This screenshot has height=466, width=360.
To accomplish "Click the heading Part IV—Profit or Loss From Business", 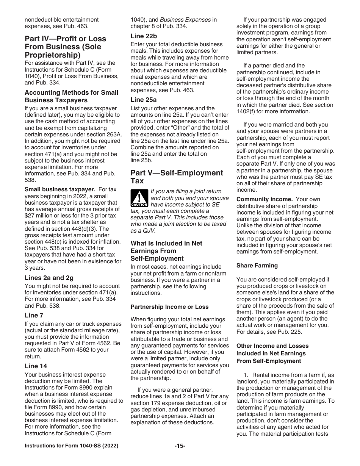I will [x=65, y=47].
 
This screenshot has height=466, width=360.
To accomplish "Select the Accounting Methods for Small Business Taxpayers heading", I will [x=71, y=96].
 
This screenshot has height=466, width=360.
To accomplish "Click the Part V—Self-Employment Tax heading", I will [x=177, y=177].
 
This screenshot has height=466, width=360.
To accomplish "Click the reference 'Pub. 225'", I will [x=287, y=332].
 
